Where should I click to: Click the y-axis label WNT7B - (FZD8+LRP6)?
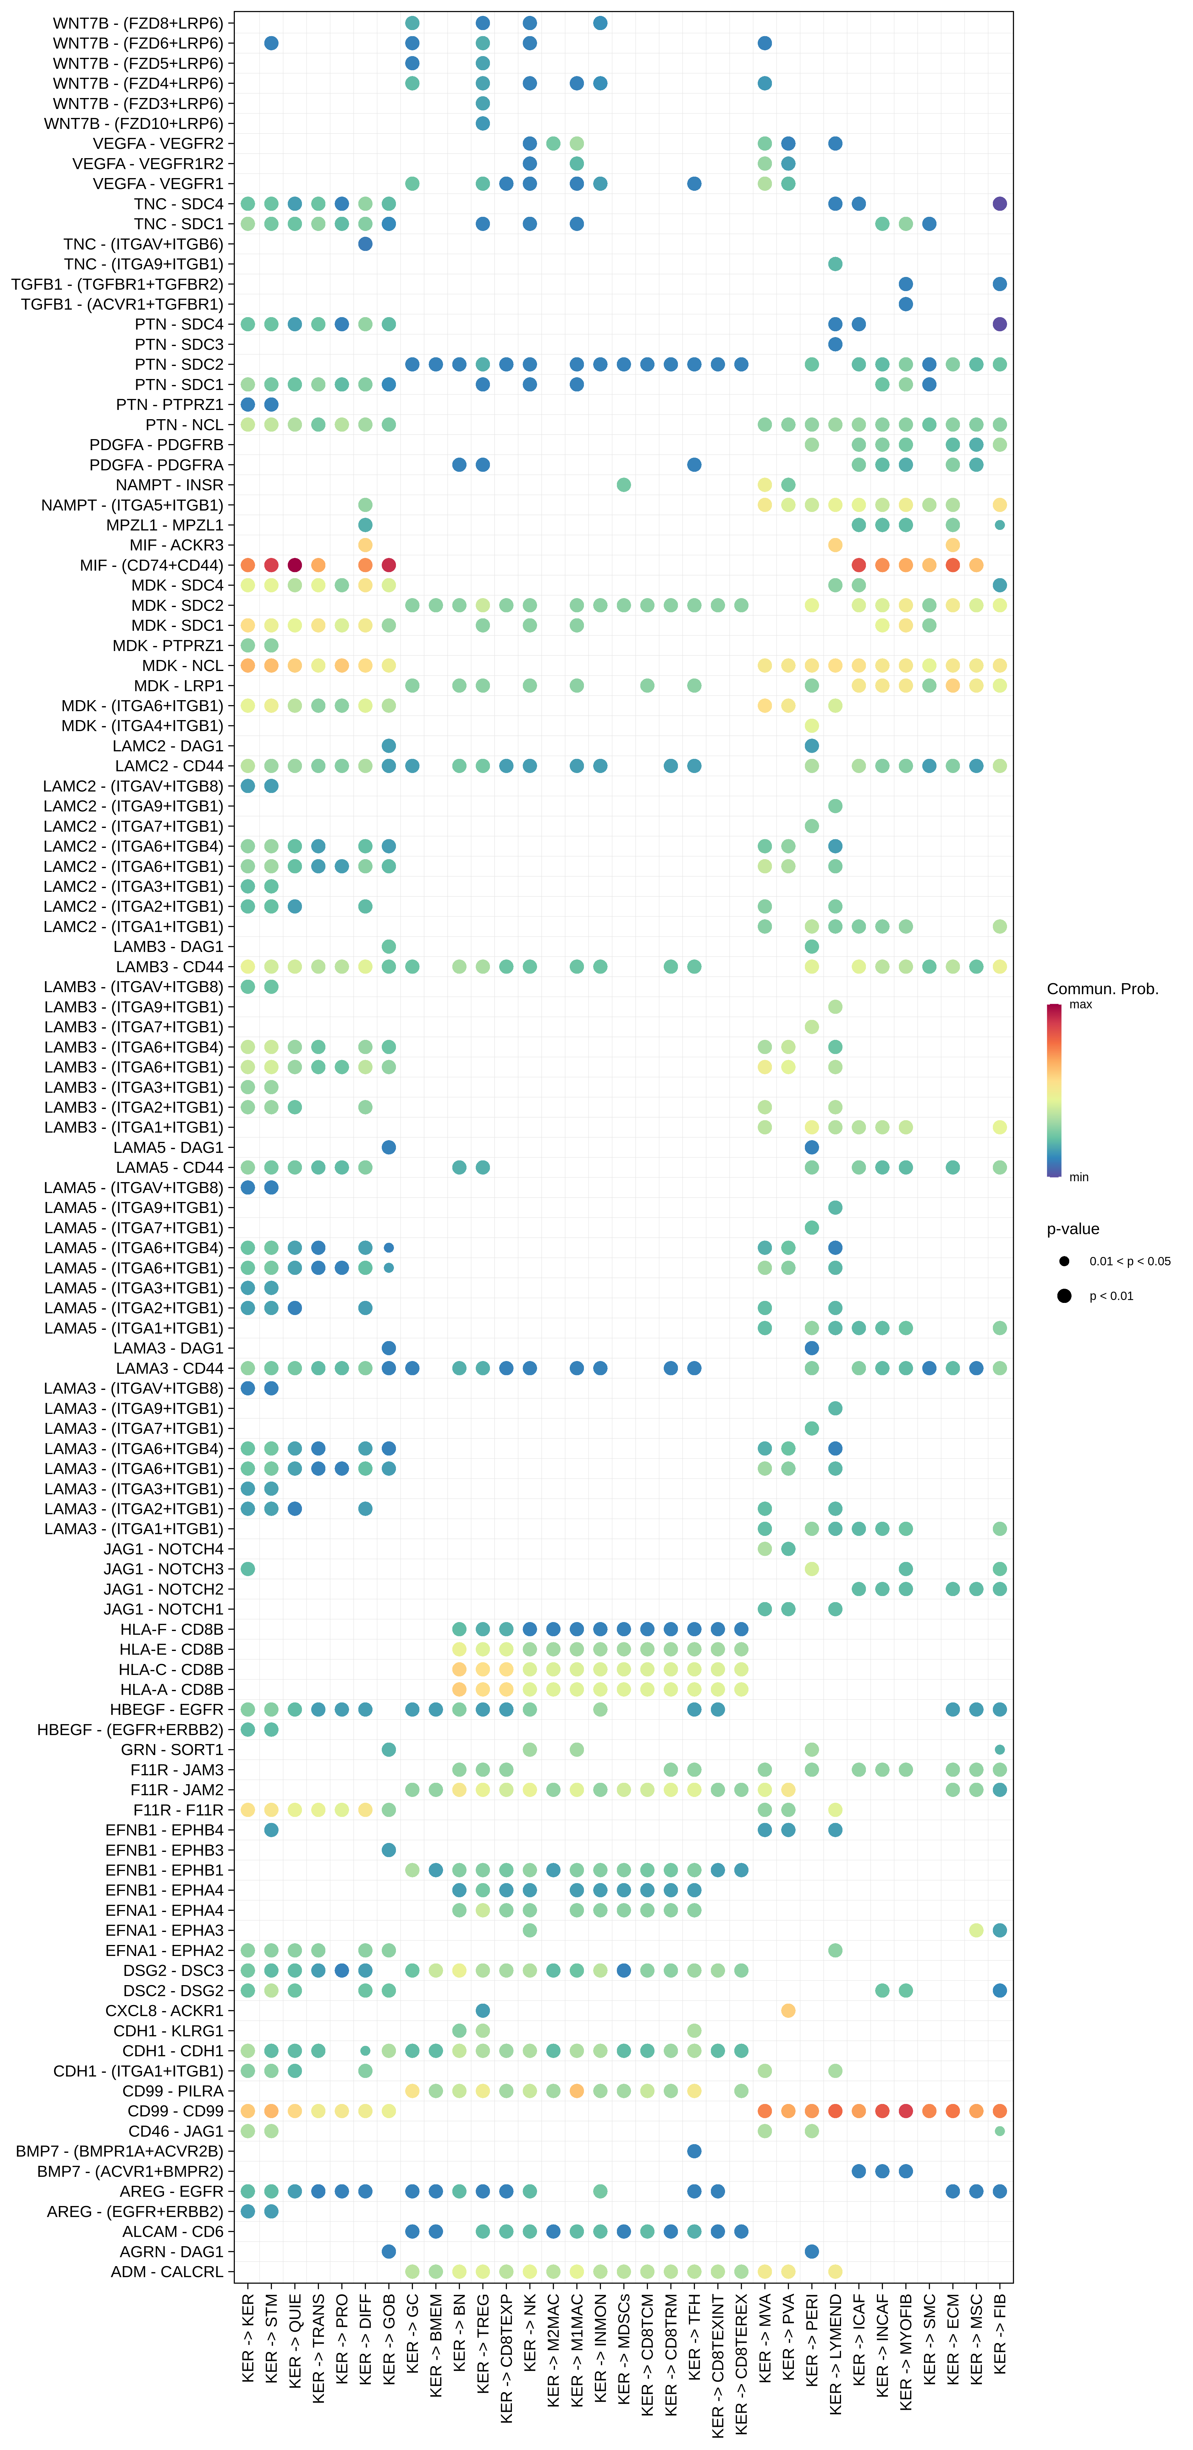138,23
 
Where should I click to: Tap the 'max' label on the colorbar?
1081,1004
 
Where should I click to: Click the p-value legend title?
1073,1229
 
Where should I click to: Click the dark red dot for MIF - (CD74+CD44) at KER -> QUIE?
295,565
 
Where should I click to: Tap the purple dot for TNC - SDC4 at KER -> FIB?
1000,204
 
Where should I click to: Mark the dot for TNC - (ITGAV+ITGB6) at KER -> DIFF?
365,243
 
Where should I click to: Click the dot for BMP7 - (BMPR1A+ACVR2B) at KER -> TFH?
694,2151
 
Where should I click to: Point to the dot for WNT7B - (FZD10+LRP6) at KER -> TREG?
482,124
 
